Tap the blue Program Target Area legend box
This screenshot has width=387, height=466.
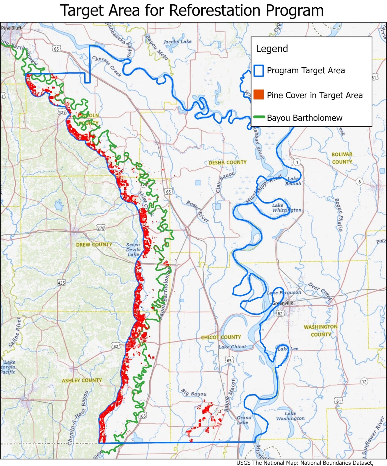coord(259,71)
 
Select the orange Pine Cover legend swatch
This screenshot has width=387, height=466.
coord(259,95)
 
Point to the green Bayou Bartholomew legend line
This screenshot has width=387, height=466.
coord(259,117)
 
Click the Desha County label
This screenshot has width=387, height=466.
coord(227,162)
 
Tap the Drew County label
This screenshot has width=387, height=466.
coord(94,244)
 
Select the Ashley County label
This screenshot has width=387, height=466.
coord(82,380)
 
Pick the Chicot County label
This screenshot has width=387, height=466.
coord(221,337)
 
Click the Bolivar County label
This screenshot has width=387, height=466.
coord(342,158)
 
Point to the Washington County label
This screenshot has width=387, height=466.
coord(321,330)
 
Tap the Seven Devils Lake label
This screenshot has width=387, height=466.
coord(133,250)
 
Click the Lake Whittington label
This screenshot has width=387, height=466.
coord(286,208)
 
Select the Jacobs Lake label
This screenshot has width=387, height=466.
coord(177,42)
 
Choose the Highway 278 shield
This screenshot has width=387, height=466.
coord(101,228)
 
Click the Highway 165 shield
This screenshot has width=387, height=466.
coord(142,416)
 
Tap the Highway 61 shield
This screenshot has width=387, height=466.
coord(338,401)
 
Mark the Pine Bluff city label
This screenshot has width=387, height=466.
coord(11,28)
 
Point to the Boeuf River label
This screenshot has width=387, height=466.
coord(198,211)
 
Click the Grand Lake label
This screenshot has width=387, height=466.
coord(244,420)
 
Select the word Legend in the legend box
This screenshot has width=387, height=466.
coord(272,49)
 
